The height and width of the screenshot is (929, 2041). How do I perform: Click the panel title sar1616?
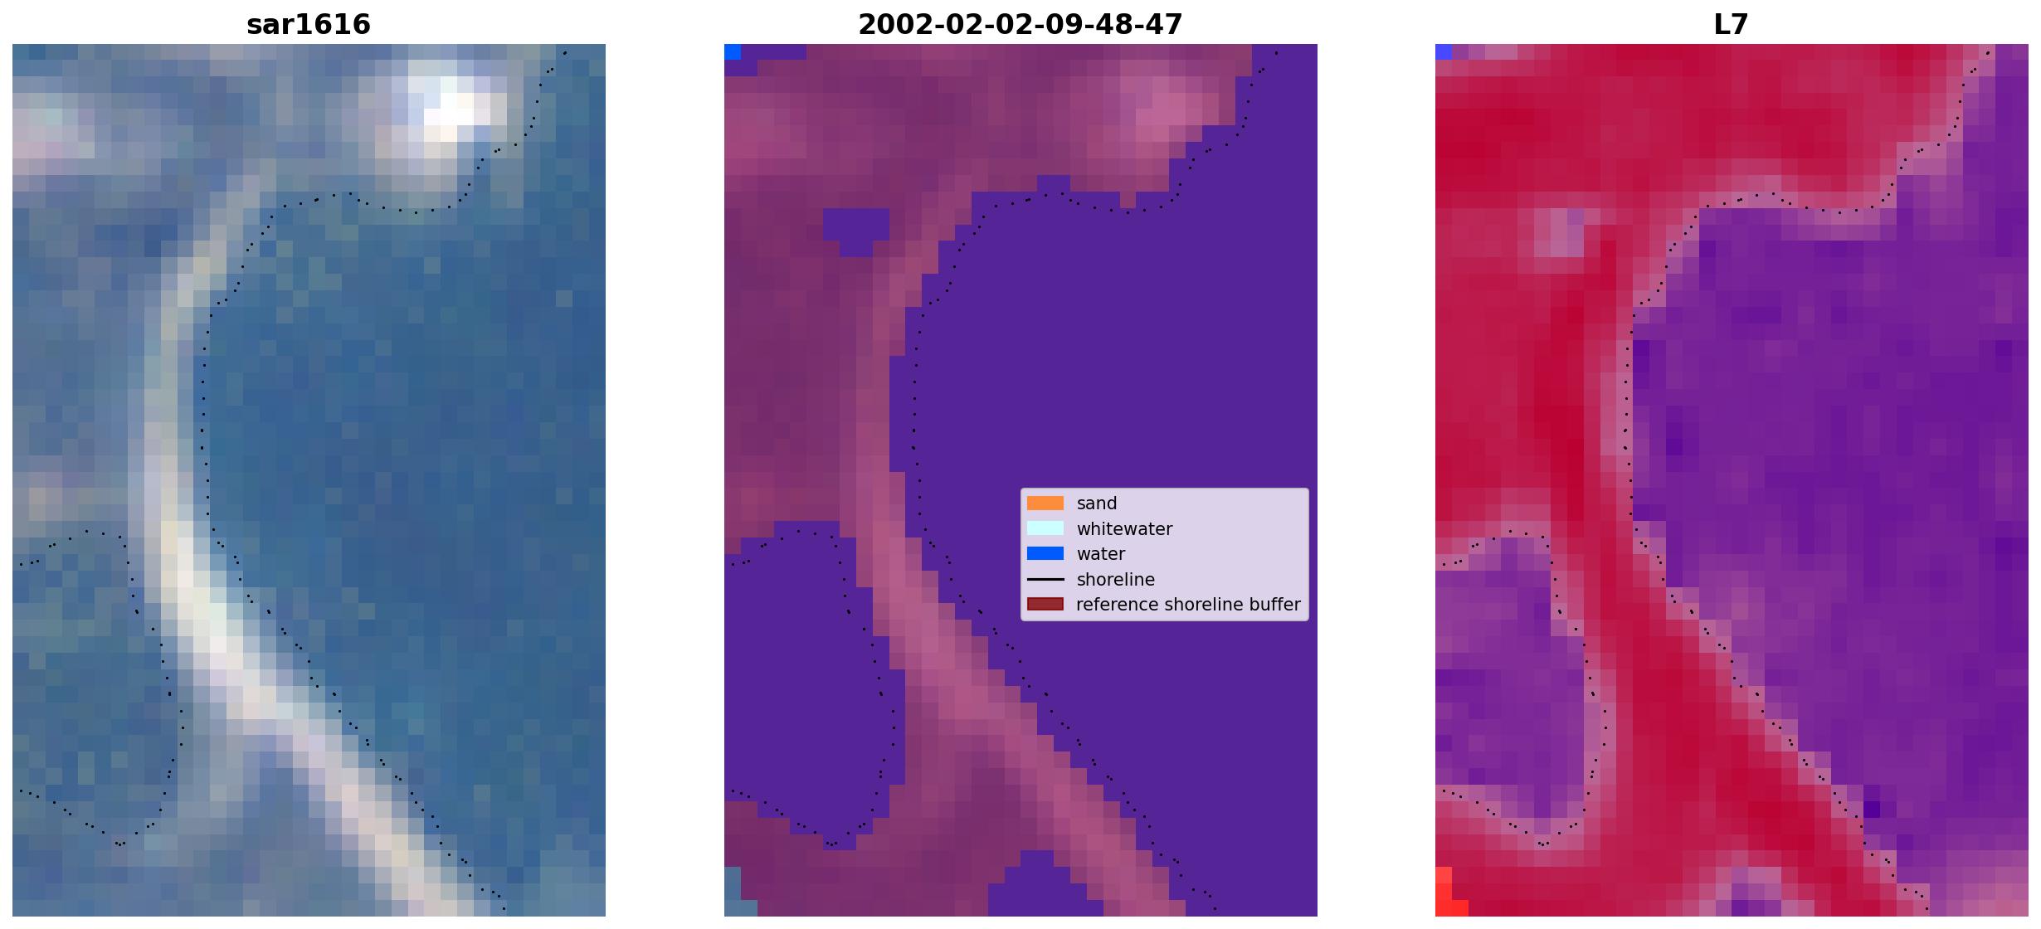tap(309, 24)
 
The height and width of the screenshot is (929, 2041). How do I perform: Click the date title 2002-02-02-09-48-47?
tap(1020, 24)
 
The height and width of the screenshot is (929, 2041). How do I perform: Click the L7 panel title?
tap(1731, 24)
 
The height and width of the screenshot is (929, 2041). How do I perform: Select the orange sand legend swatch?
tap(1045, 503)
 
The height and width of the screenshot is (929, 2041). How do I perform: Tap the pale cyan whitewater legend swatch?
tap(1045, 528)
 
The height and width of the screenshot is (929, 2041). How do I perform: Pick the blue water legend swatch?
tap(1045, 554)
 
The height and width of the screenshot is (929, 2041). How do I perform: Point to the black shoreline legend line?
tap(1045, 579)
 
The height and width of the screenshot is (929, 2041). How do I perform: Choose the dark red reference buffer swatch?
tap(1045, 605)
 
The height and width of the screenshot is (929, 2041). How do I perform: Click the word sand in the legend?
tap(1097, 503)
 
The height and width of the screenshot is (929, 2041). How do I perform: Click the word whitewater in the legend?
tap(1124, 529)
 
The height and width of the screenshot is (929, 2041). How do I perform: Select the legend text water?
tap(1101, 554)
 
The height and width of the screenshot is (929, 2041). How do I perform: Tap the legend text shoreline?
tap(1116, 580)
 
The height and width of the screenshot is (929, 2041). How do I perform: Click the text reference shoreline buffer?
tap(1188, 605)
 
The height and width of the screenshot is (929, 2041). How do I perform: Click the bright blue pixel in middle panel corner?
tap(733, 52)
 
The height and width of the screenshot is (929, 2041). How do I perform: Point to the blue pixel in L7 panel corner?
tap(1444, 52)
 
